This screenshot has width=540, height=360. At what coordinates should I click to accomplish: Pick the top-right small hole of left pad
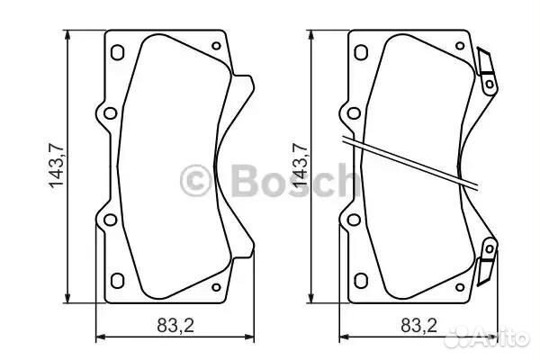click(x=215, y=45)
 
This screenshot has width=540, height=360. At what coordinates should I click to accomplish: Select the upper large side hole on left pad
click(x=109, y=113)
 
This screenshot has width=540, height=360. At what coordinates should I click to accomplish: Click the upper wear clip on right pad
click(x=487, y=67)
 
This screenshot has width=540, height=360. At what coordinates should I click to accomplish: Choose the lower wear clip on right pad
click(x=487, y=262)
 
